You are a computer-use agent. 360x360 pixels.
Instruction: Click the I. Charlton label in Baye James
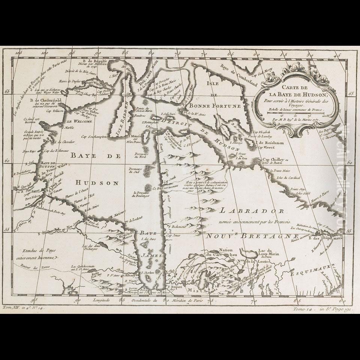145,273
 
